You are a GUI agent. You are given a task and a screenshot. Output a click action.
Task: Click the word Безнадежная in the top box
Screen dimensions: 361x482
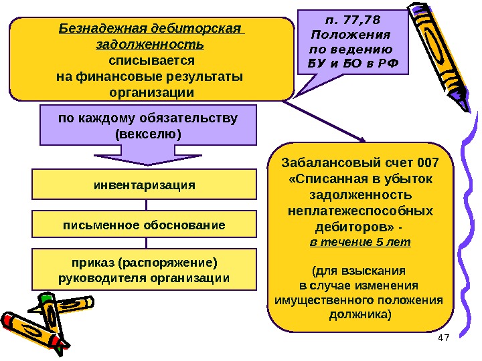(x=97, y=29)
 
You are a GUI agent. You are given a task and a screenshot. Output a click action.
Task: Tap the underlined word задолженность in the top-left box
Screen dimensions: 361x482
(x=151, y=45)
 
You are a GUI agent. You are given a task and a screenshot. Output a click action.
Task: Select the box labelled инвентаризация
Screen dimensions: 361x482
(x=144, y=184)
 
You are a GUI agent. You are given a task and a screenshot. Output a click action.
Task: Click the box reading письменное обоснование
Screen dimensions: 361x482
(x=144, y=225)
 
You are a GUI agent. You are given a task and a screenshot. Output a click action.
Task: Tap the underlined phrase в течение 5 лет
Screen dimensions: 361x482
(x=360, y=241)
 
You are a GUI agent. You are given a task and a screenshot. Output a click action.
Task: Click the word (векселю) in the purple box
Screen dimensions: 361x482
(x=148, y=134)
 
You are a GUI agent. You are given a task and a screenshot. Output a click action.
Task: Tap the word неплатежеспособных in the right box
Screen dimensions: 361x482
(x=360, y=211)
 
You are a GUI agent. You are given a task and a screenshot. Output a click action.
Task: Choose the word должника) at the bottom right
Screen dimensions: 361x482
(x=360, y=314)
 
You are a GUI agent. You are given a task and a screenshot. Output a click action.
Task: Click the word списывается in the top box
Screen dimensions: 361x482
(x=151, y=60)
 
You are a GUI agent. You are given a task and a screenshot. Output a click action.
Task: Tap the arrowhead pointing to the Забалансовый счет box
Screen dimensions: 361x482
(x=361, y=139)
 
